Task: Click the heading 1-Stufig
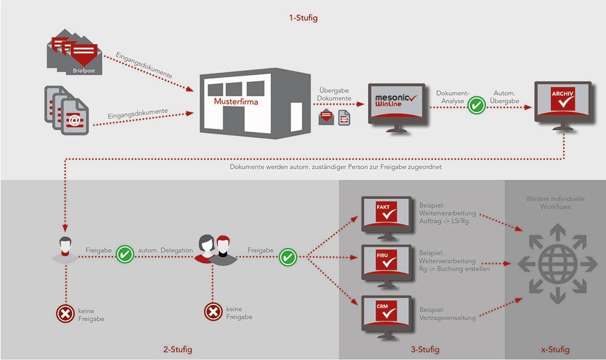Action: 303,18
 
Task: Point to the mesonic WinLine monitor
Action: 397,106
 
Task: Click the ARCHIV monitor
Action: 562,104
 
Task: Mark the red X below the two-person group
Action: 212,312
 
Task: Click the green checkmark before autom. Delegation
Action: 125,255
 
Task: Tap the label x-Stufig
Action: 555,350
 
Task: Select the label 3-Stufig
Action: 424,350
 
